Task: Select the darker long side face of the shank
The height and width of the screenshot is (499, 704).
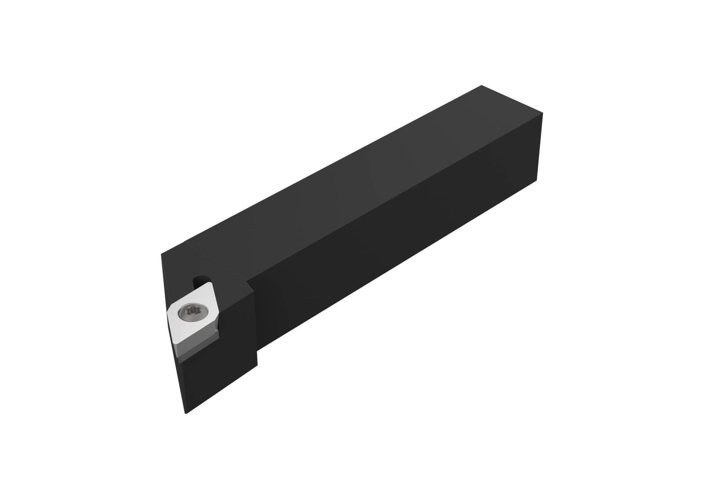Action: (396, 246)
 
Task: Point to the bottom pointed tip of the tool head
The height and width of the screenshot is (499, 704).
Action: (186, 414)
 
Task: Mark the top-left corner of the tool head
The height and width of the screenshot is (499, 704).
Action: (162, 253)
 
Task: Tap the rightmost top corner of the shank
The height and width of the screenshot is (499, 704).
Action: (543, 113)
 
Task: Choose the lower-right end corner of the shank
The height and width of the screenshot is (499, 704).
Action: (537, 180)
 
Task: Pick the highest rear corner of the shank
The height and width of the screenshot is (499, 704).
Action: (482, 85)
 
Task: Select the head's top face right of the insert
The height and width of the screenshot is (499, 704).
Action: (233, 281)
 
